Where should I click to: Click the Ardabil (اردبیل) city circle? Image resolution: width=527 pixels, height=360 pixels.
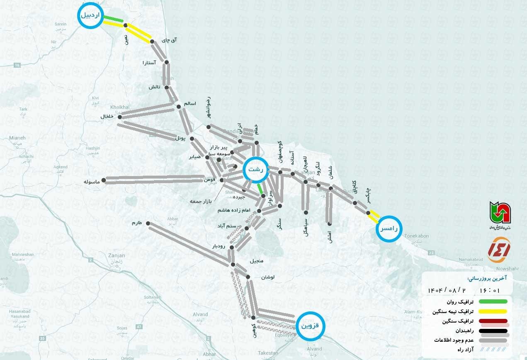pos(90,16)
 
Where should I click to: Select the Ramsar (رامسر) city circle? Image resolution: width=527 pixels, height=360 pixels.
pos(389,228)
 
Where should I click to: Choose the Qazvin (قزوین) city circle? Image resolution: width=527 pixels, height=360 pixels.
pos(311,326)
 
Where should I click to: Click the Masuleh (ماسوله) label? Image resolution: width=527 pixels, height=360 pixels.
pos(91,182)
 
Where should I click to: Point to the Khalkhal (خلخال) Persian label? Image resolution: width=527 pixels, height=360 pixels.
pos(107,117)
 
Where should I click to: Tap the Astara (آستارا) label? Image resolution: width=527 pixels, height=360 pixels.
pos(149,63)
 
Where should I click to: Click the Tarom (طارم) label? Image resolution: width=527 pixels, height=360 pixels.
pos(137,223)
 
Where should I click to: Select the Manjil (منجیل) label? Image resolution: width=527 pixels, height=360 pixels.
pos(256,261)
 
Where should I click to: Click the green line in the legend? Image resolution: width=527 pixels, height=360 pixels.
pos(493,301)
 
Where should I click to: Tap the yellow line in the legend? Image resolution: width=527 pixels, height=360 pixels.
pos(493,311)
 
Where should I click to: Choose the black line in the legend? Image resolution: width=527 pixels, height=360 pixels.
pos(493,331)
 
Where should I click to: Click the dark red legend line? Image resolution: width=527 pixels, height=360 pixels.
pos(493,321)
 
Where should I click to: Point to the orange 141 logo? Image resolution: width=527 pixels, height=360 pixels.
pos(499,250)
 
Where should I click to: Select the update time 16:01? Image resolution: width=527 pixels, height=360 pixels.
pos(491,290)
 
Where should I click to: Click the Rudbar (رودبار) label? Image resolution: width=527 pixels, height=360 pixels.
pos(219,246)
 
